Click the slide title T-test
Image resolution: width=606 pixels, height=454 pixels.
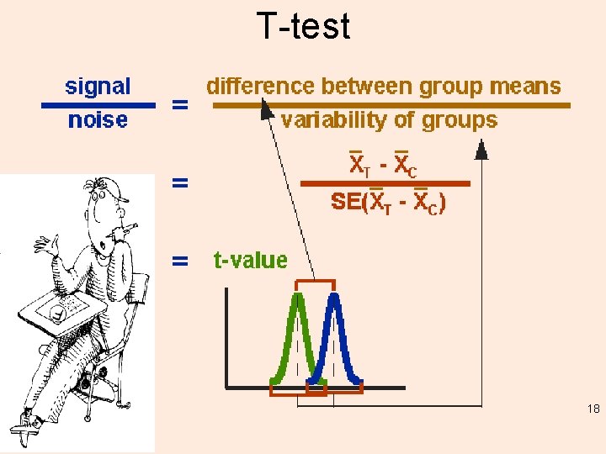click(x=302, y=26)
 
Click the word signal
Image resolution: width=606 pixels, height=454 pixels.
click(x=98, y=86)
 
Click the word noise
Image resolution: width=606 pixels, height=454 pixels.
click(x=98, y=120)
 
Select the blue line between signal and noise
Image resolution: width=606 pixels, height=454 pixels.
click(x=99, y=104)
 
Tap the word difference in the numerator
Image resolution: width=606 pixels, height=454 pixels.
click(x=258, y=86)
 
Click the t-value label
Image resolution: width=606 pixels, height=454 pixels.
click(x=249, y=260)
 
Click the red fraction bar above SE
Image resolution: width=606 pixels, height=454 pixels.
click(x=385, y=182)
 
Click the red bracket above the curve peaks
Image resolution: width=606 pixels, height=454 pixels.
click(x=315, y=282)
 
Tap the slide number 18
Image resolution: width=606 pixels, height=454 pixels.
click(x=593, y=409)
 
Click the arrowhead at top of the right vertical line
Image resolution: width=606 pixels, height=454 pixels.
click(x=481, y=150)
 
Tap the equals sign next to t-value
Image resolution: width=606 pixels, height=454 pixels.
click(x=179, y=261)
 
